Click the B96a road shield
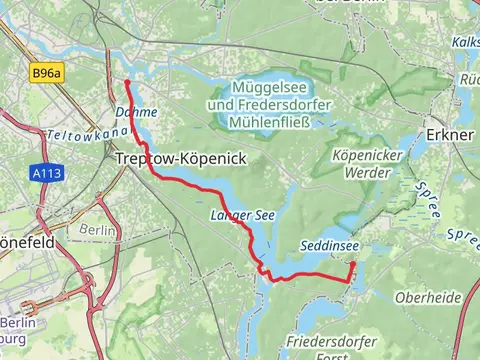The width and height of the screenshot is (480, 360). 46,73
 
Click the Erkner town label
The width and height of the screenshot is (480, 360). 440,133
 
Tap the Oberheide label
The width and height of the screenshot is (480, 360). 427,297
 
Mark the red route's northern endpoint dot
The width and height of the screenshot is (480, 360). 127,82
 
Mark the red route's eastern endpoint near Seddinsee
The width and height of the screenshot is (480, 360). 352,264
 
